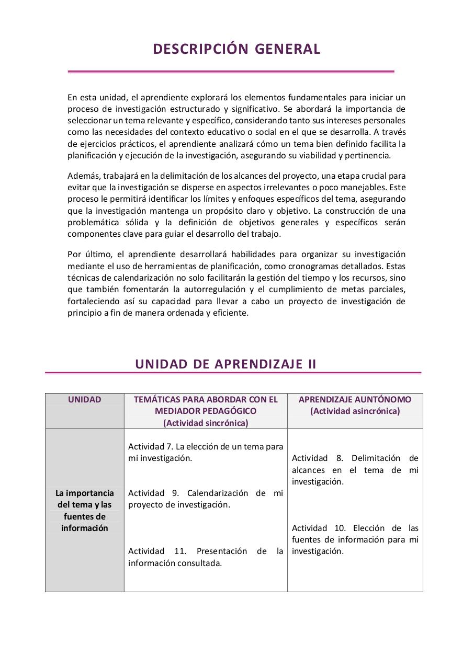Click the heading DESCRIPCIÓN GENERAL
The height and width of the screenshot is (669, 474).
click(236, 49)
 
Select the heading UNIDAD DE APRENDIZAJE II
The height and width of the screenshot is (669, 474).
click(225, 364)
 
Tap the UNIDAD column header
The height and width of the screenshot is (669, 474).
click(84, 399)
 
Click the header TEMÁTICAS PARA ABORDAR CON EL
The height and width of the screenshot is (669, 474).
click(206, 399)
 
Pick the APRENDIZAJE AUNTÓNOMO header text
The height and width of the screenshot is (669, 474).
click(355, 399)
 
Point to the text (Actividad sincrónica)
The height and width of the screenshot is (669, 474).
click(206, 423)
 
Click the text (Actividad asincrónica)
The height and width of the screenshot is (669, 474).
click(355, 411)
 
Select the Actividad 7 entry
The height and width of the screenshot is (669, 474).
click(206, 452)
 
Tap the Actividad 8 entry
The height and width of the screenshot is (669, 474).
click(355, 470)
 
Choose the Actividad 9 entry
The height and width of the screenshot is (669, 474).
click(206, 499)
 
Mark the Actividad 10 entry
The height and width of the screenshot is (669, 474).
click(355, 539)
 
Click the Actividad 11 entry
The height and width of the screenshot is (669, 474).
click(206, 557)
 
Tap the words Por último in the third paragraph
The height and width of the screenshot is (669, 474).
click(89, 254)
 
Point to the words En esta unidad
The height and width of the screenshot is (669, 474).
click(96, 97)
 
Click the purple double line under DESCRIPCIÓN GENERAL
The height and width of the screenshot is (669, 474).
click(231, 72)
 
